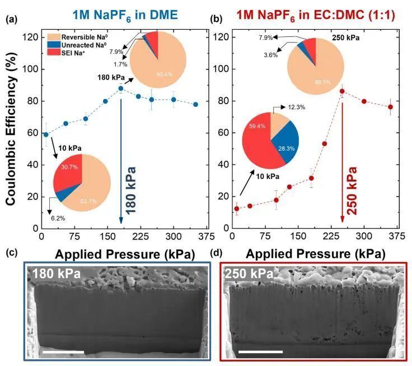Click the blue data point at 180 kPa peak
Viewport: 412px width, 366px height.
120,88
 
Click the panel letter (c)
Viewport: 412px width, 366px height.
12,253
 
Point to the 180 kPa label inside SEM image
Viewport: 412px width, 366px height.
56,274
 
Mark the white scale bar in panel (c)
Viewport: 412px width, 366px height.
63,351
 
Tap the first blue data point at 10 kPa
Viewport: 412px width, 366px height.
46,134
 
